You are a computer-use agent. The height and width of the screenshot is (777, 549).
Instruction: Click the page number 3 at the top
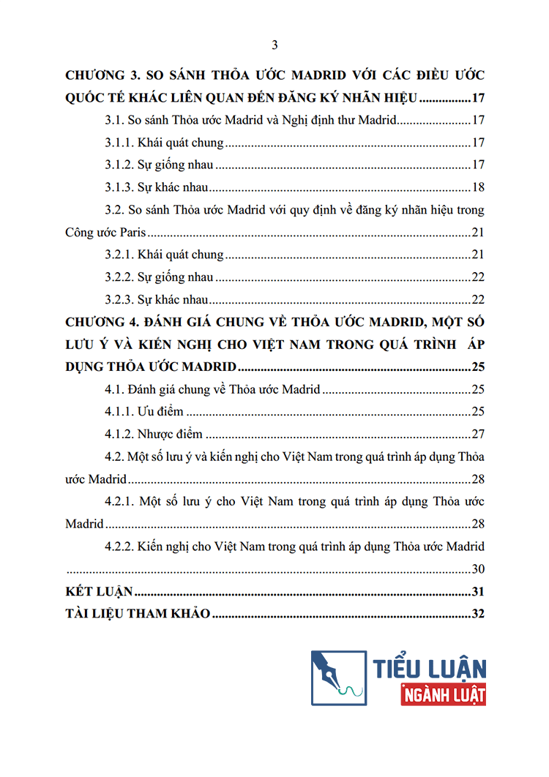click(274, 45)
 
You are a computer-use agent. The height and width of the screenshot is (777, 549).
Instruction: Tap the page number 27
click(478, 434)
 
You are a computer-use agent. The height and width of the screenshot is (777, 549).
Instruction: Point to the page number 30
click(478, 569)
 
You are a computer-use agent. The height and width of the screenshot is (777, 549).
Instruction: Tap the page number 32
click(478, 614)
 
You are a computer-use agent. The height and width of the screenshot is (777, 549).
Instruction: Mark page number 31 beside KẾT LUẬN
click(478, 592)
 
